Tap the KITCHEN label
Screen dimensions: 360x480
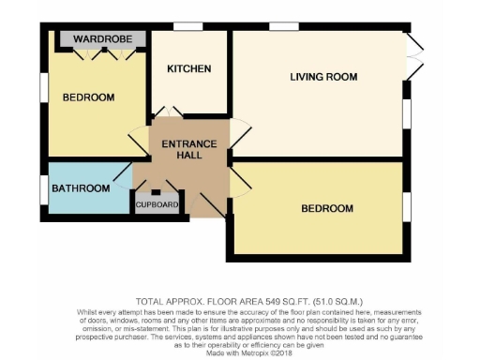189,69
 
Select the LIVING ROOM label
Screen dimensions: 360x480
323,76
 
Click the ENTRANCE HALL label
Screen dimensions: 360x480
189,149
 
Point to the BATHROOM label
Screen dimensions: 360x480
81,188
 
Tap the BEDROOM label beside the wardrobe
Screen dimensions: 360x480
88,97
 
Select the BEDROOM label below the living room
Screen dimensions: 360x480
327,208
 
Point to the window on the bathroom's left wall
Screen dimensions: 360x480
43,188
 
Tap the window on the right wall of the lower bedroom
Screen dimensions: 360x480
407,206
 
